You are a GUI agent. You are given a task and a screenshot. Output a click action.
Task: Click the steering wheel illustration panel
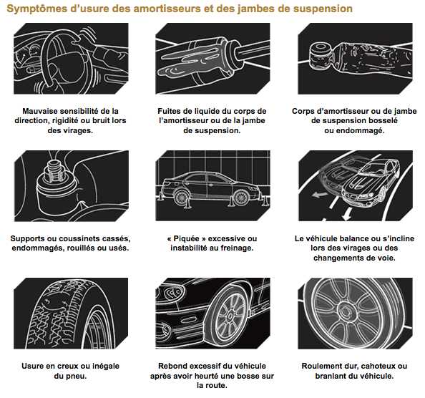71,59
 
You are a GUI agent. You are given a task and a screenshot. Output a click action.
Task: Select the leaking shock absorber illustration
212,59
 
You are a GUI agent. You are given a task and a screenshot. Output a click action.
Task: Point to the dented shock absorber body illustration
355,59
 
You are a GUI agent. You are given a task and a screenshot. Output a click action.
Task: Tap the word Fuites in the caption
167,111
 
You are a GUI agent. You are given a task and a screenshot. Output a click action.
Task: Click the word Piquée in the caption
186,238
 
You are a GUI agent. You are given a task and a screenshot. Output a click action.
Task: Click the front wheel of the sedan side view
241,198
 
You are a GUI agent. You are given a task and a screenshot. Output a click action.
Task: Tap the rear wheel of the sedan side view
181,197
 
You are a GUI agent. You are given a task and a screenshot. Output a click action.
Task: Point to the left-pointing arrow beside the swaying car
319,195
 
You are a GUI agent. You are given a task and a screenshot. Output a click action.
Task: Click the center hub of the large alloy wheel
346,312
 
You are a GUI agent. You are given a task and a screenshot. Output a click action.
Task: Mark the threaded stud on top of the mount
56,171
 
